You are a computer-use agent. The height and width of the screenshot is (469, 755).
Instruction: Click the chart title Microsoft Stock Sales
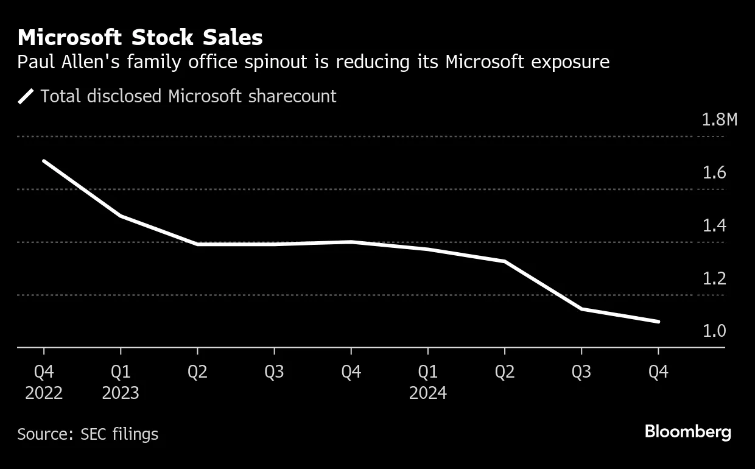140,38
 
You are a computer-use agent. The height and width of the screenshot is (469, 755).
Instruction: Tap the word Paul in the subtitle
35,62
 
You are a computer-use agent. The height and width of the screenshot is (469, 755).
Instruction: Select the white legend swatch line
26,96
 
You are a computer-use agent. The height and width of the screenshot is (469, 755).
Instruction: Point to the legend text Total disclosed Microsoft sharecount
188,96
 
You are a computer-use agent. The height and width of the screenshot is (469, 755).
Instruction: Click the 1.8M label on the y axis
719,119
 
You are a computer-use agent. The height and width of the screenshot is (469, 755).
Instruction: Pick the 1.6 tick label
714,173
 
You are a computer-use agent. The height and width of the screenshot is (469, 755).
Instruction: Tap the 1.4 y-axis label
714,226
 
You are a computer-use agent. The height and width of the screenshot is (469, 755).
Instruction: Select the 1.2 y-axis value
714,279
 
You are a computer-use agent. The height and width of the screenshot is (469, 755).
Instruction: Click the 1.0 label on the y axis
714,331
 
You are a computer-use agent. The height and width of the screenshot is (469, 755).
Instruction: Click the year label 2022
44,393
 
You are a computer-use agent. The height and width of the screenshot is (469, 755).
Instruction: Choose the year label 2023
121,393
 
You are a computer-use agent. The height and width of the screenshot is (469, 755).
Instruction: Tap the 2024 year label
428,393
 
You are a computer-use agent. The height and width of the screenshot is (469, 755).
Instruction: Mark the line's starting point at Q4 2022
44,161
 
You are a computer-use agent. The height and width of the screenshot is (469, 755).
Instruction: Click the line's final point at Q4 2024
658,322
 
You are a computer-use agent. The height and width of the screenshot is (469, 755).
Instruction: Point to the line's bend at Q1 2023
121,216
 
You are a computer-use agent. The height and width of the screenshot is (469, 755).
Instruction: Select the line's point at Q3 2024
581,309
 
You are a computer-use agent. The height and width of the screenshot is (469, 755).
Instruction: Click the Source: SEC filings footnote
88,434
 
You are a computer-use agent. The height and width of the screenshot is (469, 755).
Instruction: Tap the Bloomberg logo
688,432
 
